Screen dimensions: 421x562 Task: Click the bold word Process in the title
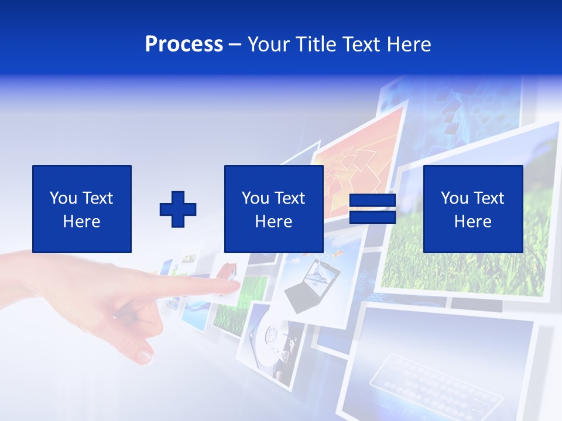(x=184, y=44)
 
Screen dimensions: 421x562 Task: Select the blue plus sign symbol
(x=178, y=209)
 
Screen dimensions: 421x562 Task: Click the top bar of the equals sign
(x=372, y=200)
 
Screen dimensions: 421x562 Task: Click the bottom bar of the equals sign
(x=372, y=218)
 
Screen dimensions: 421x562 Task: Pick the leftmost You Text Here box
(x=81, y=209)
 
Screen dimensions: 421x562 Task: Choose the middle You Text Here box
(x=273, y=209)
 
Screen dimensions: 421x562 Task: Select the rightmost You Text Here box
(x=472, y=209)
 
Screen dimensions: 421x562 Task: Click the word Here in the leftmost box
(x=81, y=222)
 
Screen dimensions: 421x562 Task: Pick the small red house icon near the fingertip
(x=228, y=271)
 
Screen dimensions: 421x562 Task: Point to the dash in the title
(x=235, y=44)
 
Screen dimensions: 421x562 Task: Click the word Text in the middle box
(x=290, y=198)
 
